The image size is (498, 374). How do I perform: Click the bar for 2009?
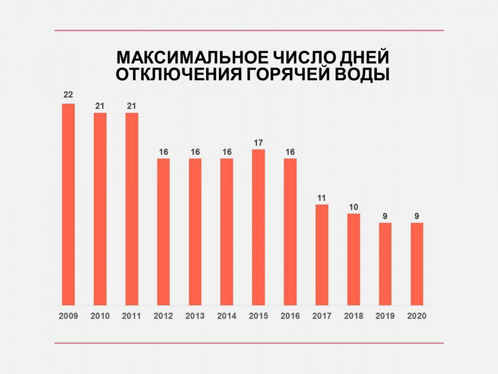pos(69,205)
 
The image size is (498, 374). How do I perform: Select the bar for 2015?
pos(258,227)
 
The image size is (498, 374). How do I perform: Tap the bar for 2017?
pos(321,255)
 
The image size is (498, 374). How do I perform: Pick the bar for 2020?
pos(417,264)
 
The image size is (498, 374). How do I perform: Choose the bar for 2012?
pos(163,232)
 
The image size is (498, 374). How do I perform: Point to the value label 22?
pos(68,95)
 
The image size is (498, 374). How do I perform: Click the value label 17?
pos(258,143)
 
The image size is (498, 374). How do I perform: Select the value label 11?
pos(321,198)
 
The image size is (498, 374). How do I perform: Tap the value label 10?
pos(354,207)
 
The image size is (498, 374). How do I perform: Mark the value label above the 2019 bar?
pos(385,216)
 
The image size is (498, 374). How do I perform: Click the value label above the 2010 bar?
pos(100,106)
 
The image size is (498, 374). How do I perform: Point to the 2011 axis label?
pos(131,316)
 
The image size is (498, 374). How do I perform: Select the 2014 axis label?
pos(227,316)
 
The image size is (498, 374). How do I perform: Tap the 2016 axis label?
pos(290,316)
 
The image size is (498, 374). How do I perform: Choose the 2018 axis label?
pos(354,316)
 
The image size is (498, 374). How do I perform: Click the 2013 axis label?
pos(195,316)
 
